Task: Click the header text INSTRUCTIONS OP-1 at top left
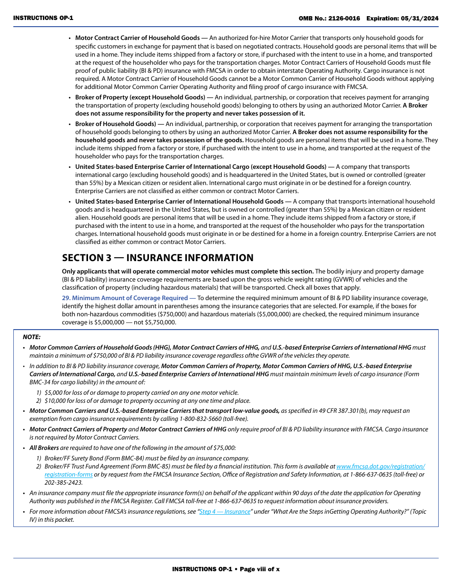click(x=43, y=18)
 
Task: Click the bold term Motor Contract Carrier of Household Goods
click(x=137, y=38)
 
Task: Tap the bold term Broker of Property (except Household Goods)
click(x=140, y=97)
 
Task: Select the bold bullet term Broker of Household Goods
click(x=115, y=124)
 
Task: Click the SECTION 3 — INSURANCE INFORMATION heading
click(x=157, y=258)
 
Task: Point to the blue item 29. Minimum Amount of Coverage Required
click(x=125, y=298)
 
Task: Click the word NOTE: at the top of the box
click(x=32, y=337)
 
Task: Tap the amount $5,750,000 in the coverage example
click(x=160, y=322)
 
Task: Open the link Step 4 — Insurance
click(x=225, y=512)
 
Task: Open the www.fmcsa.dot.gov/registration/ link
click(x=380, y=467)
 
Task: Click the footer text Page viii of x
click(x=259, y=569)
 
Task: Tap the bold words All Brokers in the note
click(x=44, y=448)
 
